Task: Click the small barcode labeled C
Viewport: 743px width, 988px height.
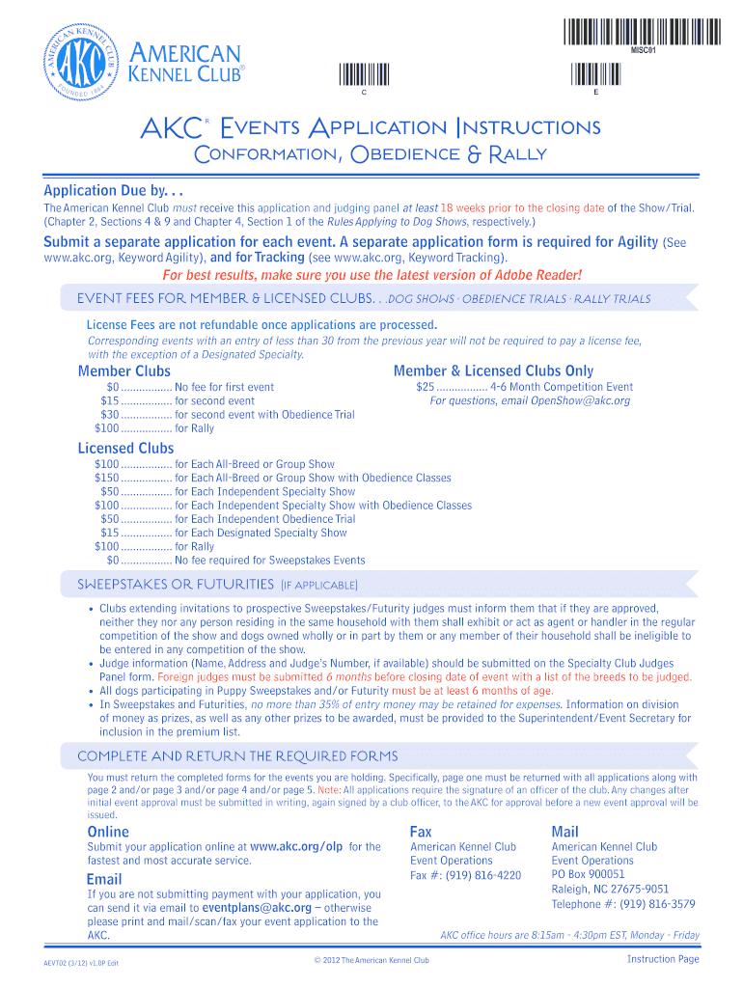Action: click(x=363, y=74)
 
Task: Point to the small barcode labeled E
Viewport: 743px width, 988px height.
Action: click(x=595, y=74)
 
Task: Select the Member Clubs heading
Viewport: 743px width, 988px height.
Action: click(x=124, y=371)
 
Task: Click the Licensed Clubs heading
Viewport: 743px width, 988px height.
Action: click(x=125, y=448)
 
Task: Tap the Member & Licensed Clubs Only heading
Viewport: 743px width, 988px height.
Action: click(x=493, y=371)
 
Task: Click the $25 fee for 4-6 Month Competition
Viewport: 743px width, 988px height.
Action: click(x=426, y=387)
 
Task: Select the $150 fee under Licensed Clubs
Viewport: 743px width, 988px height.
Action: click(x=106, y=478)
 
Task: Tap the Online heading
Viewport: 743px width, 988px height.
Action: click(x=108, y=831)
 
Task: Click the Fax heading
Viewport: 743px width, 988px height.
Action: click(x=421, y=831)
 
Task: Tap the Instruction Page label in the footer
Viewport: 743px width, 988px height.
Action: click(x=662, y=959)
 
